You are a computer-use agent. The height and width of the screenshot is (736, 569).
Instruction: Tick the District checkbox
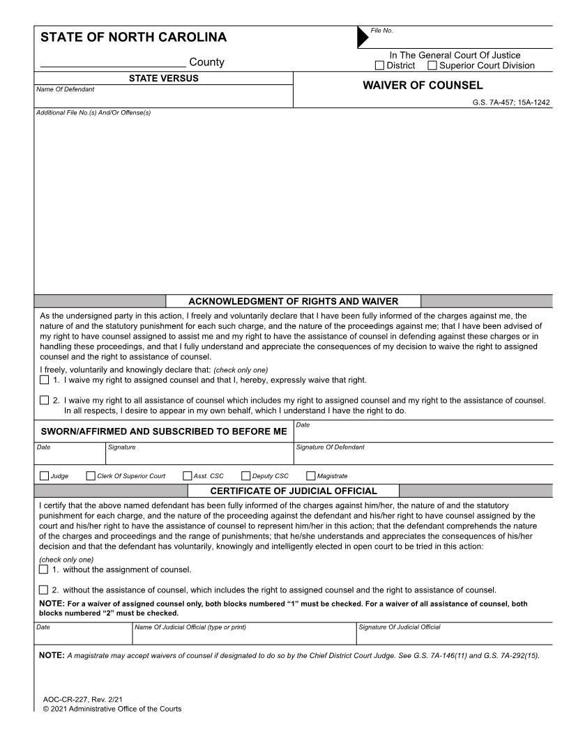point(380,66)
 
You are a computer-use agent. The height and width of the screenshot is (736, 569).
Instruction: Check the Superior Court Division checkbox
point(432,66)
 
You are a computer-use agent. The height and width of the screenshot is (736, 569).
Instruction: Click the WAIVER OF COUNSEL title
point(423,86)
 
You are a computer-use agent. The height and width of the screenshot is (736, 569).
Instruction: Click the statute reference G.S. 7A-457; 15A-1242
point(511,102)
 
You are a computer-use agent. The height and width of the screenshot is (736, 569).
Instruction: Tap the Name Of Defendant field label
point(65,89)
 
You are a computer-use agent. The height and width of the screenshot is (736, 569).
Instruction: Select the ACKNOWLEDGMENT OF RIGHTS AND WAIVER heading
point(293,301)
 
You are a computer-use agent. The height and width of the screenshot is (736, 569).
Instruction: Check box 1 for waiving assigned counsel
point(45,380)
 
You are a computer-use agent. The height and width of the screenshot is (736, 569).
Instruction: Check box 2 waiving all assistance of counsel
point(45,400)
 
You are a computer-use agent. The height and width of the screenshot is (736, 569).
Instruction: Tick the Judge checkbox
point(45,476)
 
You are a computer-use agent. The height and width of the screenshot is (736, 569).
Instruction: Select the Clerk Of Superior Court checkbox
point(91,476)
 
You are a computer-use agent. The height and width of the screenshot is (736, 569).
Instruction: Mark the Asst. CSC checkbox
point(187,476)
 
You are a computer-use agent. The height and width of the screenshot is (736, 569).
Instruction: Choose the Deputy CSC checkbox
point(246,476)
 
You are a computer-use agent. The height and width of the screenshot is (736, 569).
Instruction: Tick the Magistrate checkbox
point(311,476)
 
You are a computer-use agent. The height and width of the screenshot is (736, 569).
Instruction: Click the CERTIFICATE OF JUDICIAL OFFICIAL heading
point(293,491)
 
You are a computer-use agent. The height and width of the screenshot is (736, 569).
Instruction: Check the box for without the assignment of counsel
point(45,569)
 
